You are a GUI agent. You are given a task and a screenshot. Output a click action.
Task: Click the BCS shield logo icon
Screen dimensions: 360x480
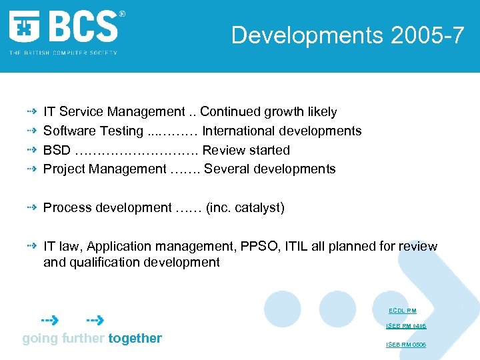[25, 27]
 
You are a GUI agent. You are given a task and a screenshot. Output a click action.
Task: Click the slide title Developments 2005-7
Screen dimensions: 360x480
[347, 35]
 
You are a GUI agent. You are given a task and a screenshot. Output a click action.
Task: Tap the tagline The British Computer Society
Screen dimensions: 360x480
[63, 53]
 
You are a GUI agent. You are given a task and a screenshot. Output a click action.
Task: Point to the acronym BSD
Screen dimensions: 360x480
[57, 150]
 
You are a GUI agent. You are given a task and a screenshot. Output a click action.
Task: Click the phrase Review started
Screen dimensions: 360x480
[246, 150]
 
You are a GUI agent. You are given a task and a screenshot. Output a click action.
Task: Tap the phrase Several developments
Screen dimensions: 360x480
[270, 169]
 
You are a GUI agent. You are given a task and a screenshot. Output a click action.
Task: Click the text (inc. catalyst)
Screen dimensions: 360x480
[245, 208]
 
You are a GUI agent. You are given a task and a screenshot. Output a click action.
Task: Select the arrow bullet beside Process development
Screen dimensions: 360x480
[31, 208]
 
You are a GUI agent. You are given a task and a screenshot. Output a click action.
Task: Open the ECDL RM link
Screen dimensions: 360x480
[402, 311]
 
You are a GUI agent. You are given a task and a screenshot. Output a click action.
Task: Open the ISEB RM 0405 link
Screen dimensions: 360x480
[406, 326]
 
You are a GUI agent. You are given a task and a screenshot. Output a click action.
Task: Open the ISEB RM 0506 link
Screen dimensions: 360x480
[406, 345]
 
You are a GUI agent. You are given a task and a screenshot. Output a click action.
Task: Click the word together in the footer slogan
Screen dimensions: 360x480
[135, 339]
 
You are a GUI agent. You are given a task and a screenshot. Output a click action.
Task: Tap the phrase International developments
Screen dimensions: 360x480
[281, 131]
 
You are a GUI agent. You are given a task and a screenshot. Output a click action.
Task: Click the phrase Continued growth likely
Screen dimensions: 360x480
[268, 112]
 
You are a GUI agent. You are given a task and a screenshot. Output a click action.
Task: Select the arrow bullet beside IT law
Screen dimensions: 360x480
[31, 247]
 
